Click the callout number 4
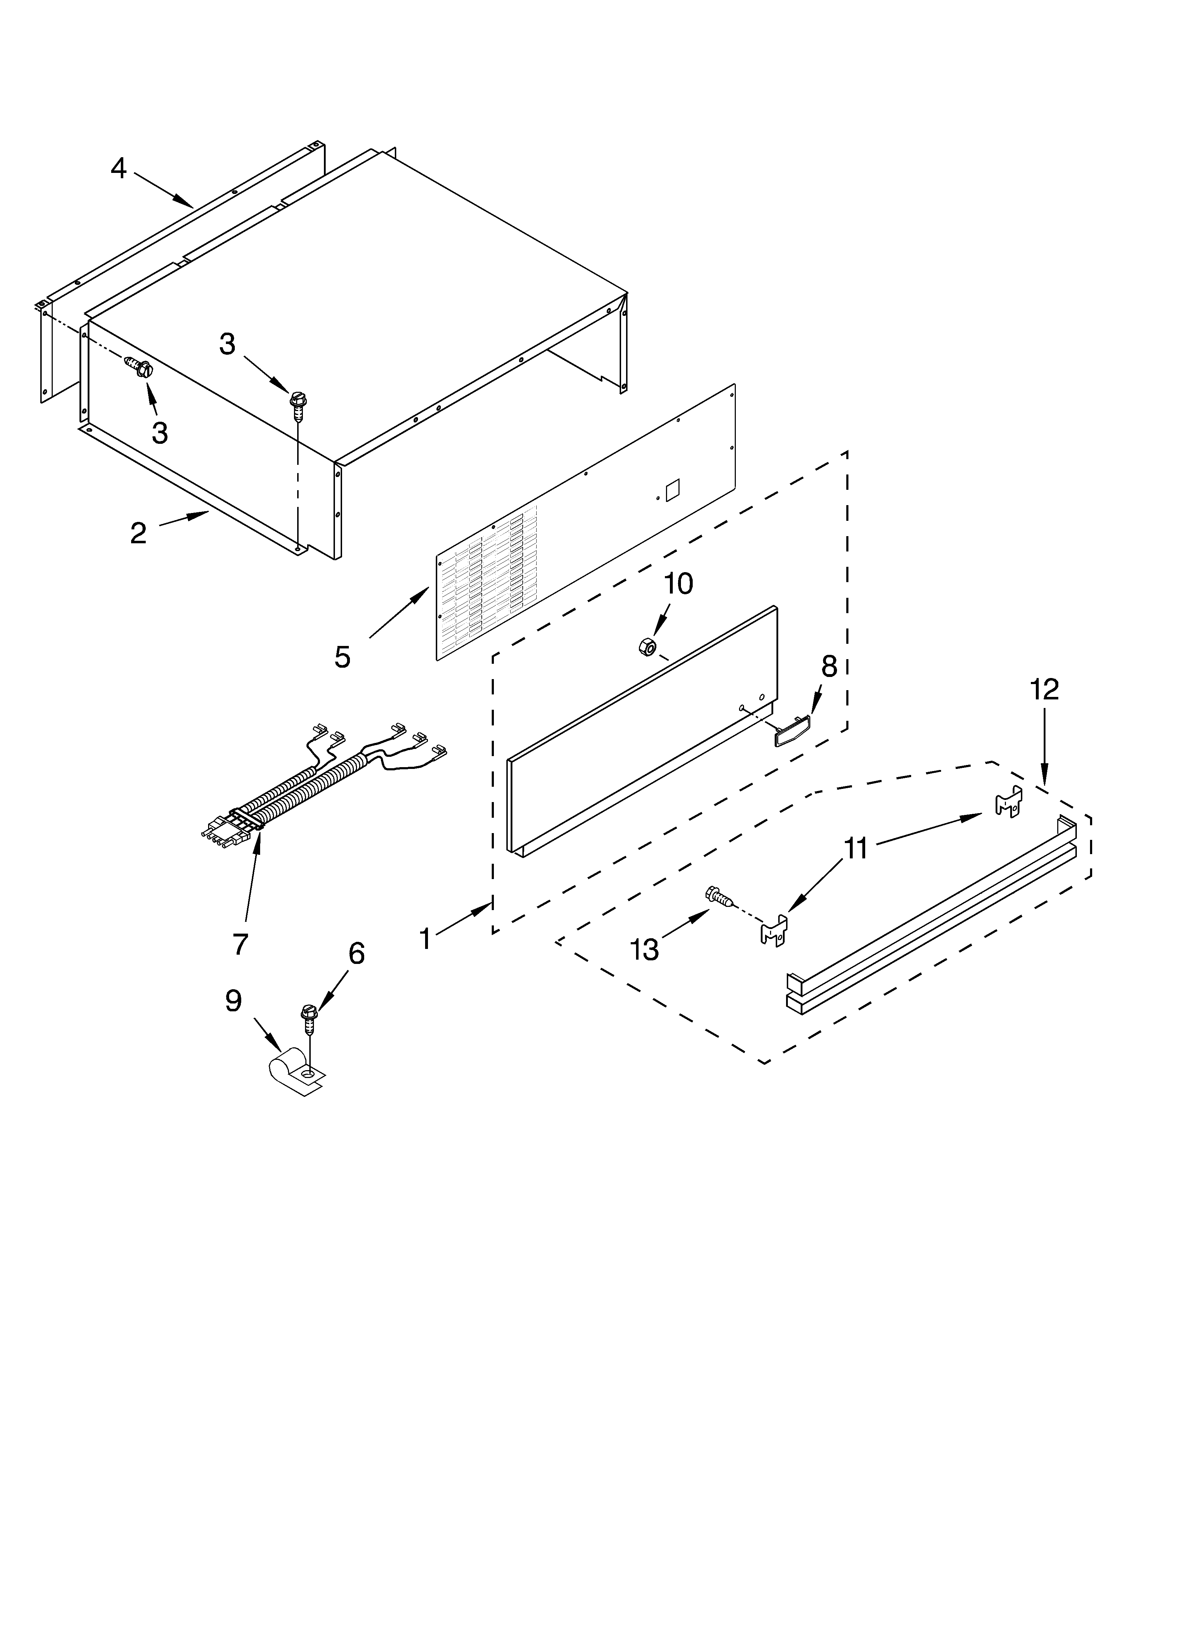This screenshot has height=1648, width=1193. pos(118,169)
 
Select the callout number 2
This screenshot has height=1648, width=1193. pos(138,533)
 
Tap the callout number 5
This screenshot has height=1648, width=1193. pos(342,657)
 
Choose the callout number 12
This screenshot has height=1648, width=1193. pos(1044,689)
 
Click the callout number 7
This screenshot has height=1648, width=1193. pos(241,944)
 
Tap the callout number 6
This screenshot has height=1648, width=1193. pos(356,953)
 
